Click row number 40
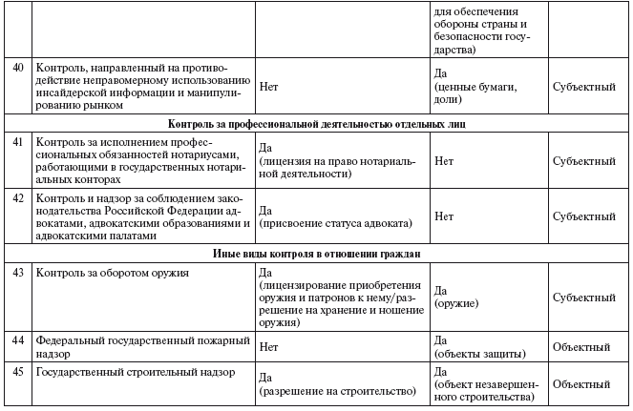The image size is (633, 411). point(16,70)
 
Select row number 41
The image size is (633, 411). point(16,140)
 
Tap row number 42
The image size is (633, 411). point(16,197)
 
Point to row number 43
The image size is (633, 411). point(16,272)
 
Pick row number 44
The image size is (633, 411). point(16,339)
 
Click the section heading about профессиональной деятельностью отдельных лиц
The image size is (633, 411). point(316,124)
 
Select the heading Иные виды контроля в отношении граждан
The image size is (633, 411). point(316,254)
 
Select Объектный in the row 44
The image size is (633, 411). point(583,346)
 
